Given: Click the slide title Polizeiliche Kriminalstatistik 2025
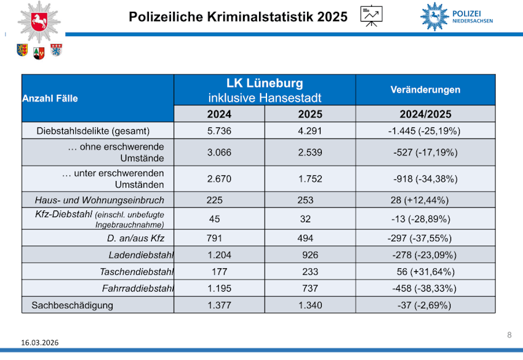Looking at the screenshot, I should [238, 17].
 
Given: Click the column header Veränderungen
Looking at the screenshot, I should [425, 90].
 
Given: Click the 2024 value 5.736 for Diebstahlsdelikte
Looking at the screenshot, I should [219, 130].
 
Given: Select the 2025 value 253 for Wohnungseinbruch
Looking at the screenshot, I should [305, 200].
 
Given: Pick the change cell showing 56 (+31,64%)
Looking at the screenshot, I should [425, 271].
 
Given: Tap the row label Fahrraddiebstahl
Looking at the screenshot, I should [138, 288].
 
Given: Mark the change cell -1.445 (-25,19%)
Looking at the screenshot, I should [425, 130].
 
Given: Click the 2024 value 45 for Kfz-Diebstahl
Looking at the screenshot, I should [215, 218].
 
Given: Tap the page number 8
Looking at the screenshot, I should [509, 335].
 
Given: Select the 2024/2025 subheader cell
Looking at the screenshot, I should [425, 114].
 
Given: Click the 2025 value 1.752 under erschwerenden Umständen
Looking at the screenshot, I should [310, 179].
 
